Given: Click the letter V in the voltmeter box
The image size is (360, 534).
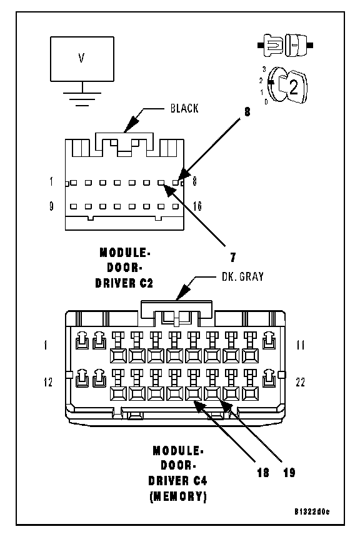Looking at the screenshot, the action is [x=81, y=58].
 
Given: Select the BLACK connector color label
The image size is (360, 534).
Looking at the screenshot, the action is [x=184, y=109].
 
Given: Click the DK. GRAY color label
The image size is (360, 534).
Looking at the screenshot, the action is [x=242, y=276].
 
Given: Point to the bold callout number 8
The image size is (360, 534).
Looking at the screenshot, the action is [x=247, y=112].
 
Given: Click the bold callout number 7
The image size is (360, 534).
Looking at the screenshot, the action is [x=233, y=258].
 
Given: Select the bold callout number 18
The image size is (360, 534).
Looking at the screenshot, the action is [x=263, y=473].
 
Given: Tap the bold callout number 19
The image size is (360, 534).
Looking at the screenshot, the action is [x=289, y=473].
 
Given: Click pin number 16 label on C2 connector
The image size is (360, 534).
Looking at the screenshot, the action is [x=197, y=206].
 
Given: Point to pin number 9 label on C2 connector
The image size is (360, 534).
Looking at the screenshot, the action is [x=51, y=206].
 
